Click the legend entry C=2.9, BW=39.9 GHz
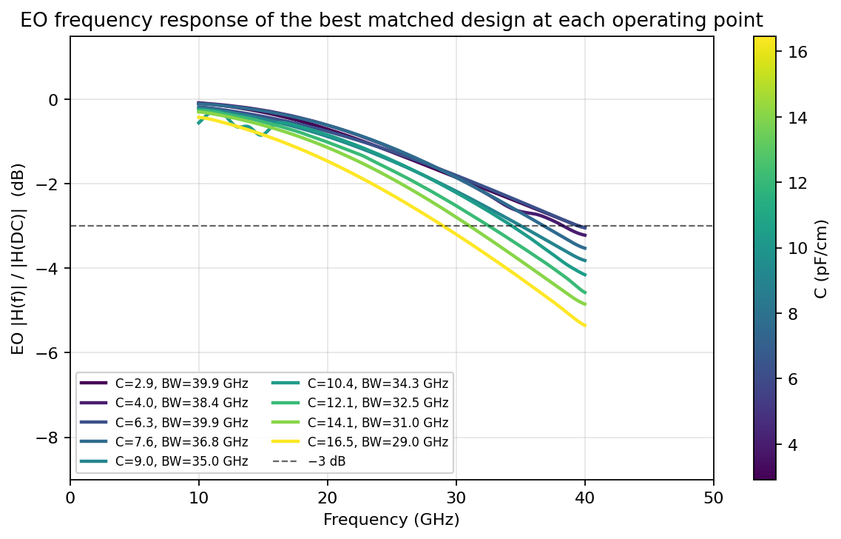coord(164,384)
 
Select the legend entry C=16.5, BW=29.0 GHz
coord(360,442)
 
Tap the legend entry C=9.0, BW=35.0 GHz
coord(164,461)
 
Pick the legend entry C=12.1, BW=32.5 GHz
coord(360,403)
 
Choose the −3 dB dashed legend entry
coord(309,461)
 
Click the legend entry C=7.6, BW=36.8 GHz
coord(164,442)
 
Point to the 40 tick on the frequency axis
coord(584,498)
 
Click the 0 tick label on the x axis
coord(70,498)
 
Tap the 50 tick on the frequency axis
coord(713,498)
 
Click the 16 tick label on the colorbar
coord(797,51)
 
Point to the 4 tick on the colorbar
coord(793,445)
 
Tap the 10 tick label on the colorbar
coord(797,248)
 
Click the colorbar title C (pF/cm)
coord(820,258)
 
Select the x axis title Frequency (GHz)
coord(391,520)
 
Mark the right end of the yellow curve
coord(584,325)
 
